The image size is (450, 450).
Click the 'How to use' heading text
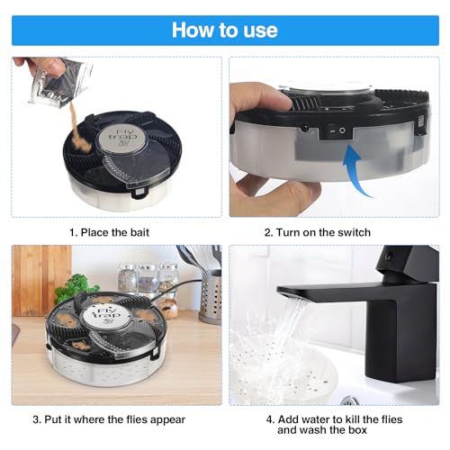(x=225, y=31)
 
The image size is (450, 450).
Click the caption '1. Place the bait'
(x=109, y=232)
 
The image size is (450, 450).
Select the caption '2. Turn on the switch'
(x=318, y=232)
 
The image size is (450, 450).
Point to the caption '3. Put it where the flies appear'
(x=109, y=419)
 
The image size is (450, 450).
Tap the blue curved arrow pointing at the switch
(x=355, y=169)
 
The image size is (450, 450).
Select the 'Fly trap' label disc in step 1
(x=122, y=139)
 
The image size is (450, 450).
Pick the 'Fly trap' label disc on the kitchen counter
(x=106, y=314)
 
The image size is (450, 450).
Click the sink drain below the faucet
(x=350, y=400)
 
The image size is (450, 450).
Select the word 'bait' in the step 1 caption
(x=139, y=232)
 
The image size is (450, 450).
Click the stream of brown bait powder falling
(x=78, y=132)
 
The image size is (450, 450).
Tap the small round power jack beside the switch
(x=305, y=128)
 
